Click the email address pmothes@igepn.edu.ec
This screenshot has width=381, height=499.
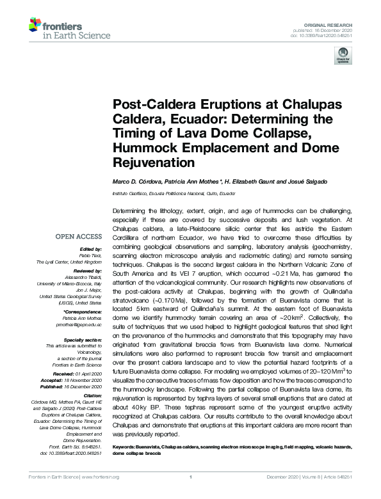point(81,324)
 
